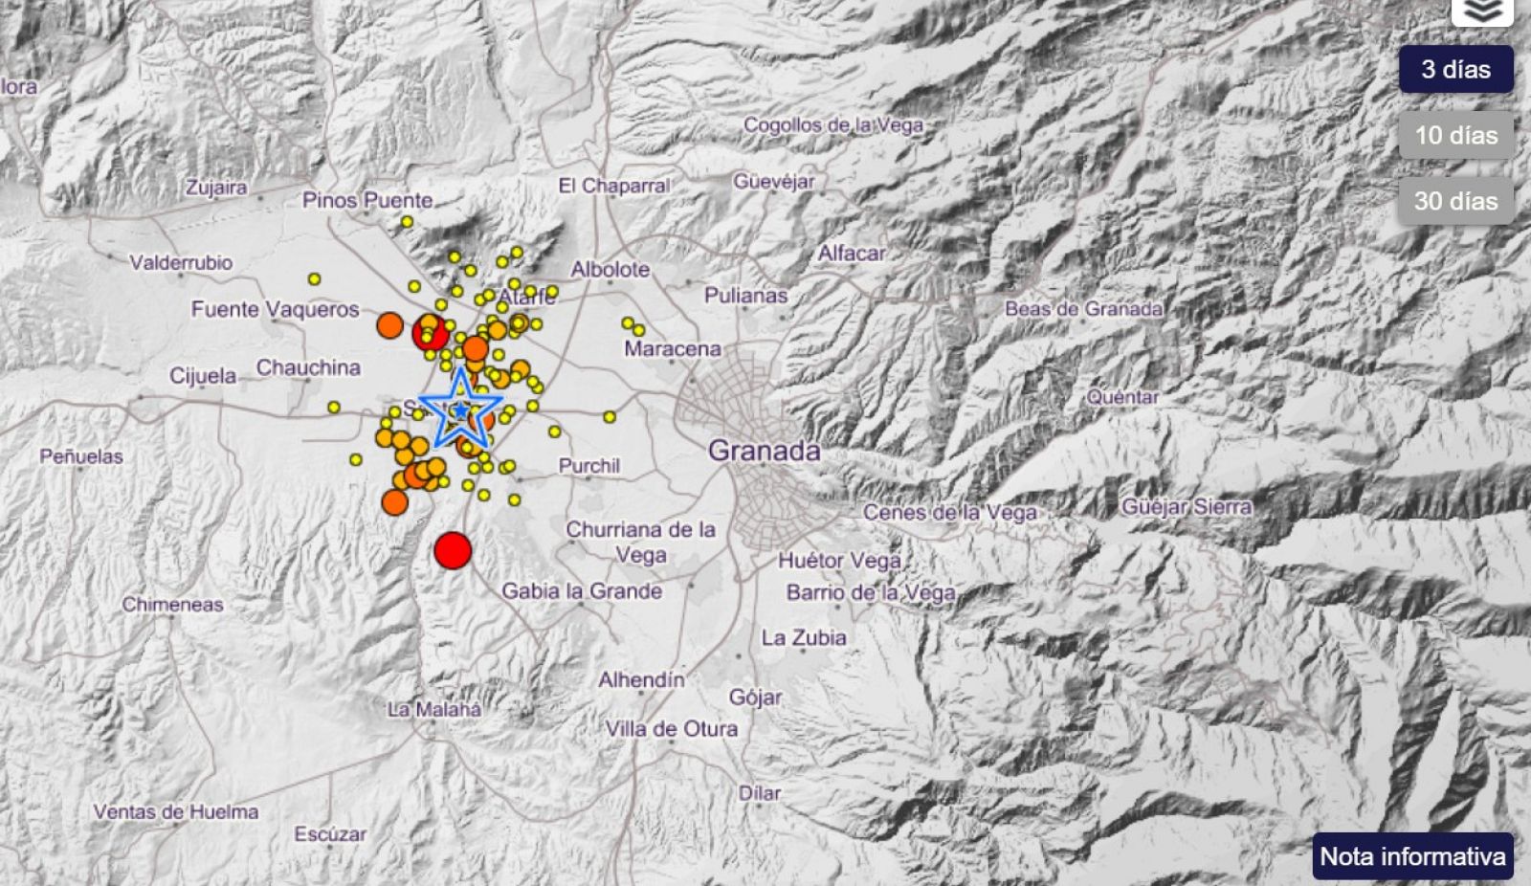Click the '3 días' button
(1455, 69)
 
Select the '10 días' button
(1455, 135)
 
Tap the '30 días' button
(1455, 201)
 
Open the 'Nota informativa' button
(1412, 855)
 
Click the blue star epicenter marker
(461, 410)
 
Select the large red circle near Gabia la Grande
(453, 550)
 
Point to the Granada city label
(765, 451)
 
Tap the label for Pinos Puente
(367, 200)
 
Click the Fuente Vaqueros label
(275, 309)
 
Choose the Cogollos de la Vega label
(833, 124)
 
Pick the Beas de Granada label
(1083, 308)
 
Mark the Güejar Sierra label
(1186, 507)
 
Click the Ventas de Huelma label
(176, 811)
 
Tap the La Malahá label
(434, 709)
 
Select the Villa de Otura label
(671, 729)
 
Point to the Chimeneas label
(172, 605)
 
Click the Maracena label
(672, 349)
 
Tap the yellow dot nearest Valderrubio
(314, 279)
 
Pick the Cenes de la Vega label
(949, 513)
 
